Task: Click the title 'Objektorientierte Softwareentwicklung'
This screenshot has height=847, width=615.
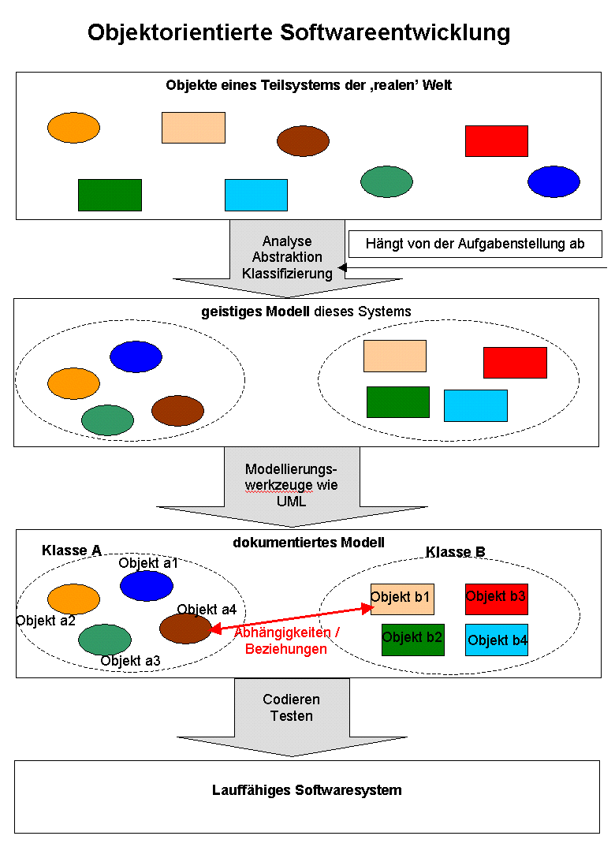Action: pyautogui.click(x=299, y=33)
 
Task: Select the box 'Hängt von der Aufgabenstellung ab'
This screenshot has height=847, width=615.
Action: pyautogui.click(x=475, y=244)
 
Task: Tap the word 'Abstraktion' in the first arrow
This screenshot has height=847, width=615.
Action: pyautogui.click(x=287, y=257)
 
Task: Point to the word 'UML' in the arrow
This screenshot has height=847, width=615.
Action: pyautogui.click(x=292, y=501)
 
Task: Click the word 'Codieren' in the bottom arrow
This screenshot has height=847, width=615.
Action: pyautogui.click(x=292, y=700)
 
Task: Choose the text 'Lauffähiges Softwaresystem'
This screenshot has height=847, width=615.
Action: pyautogui.click(x=307, y=790)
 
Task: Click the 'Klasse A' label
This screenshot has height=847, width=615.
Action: pyautogui.click(x=72, y=550)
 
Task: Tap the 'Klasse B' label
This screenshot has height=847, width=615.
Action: pyautogui.click(x=456, y=552)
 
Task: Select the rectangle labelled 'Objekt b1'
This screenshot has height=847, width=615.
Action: pyautogui.click(x=402, y=599)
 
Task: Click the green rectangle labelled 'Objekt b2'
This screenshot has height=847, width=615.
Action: pyautogui.click(x=413, y=639)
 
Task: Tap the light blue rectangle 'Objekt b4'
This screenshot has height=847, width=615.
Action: pyautogui.click(x=496, y=640)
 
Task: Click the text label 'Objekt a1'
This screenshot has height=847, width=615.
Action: pyautogui.click(x=148, y=563)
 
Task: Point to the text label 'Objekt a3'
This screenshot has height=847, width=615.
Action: pyautogui.click(x=131, y=661)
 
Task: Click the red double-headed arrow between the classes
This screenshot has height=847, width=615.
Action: pyautogui.click(x=292, y=618)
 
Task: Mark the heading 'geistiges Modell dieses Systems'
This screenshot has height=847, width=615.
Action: pyautogui.click(x=306, y=312)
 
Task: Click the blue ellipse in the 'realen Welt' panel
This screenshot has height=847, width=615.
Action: pyautogui.click(x=553, y=181)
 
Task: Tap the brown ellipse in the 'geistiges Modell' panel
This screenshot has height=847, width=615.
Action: pyautogui.click(x=177, y=411)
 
